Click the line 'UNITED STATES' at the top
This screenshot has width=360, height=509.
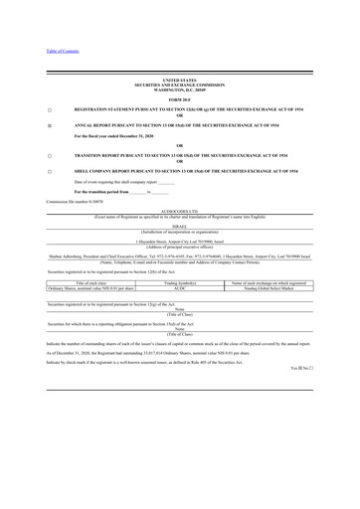[x=179, y=79]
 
